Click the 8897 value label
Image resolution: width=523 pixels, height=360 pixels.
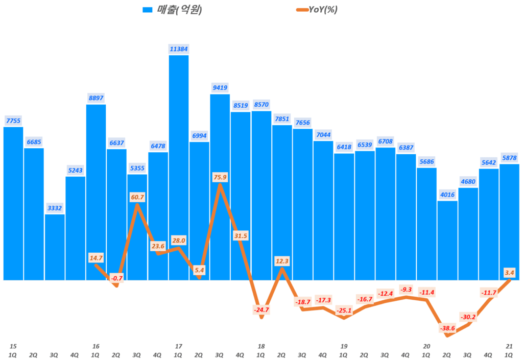coord(96,98)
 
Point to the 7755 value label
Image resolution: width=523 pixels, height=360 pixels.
coord(13,121)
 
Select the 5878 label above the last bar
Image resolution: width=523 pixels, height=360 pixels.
coord(509,157)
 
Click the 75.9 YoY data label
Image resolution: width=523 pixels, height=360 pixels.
coord(220,177)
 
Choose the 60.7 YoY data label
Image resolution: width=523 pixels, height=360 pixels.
coord(137,197)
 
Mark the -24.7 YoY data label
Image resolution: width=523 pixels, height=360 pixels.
coord(261,309)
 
